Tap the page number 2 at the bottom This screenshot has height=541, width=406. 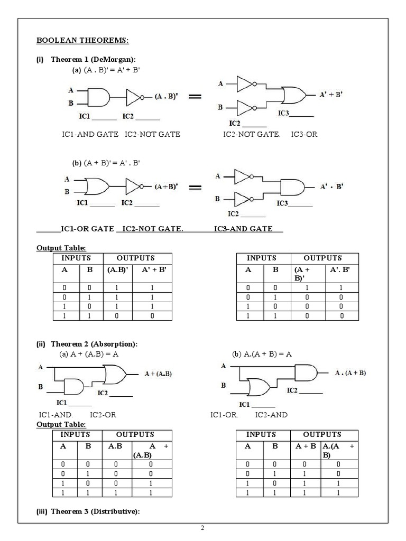202,528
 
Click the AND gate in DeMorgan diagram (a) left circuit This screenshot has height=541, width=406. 97,97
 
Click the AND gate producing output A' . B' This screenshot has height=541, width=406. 293,187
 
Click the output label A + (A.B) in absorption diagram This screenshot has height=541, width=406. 159,374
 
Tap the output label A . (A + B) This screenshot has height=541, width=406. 350,372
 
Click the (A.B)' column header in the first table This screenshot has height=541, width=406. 115,269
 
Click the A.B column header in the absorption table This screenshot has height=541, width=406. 115,445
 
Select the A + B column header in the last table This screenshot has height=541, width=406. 305,445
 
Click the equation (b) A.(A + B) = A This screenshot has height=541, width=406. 262,354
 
